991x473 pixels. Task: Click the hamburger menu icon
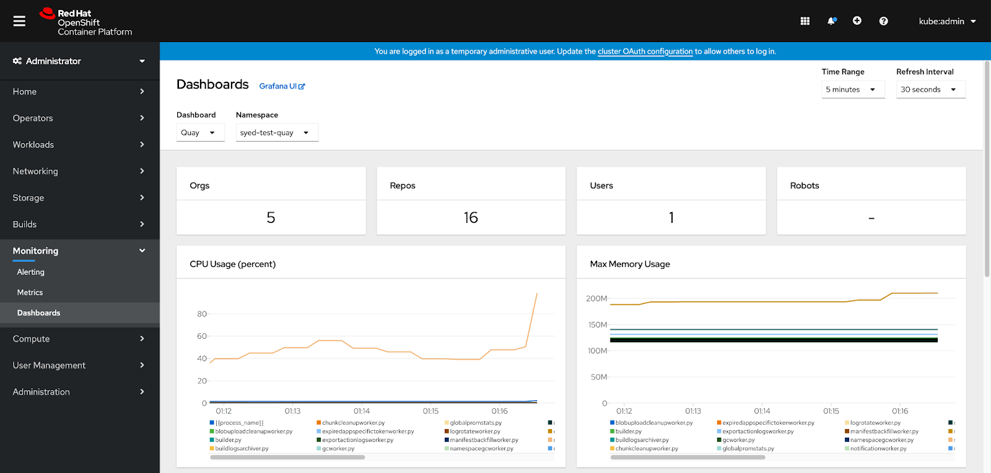pyautogui.click(x=19, y=21)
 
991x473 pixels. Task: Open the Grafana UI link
pyautogui.click(x=282, y=86)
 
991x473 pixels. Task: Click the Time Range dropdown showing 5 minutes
pyautogui.click(x=852, y=90)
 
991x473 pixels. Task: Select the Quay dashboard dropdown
pyautogui.click(x=199, y=132)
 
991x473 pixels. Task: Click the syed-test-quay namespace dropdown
pyautogui.click(x=276, y=132)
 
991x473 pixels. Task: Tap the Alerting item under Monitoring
pyautogui.click(x=31, y=272)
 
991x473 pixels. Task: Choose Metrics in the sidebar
pyautogui.click(x=30, y=292)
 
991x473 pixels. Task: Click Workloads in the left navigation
pyautogui.click(x=33, y=144)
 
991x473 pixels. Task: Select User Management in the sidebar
pyautogui.click(x=50, y=365)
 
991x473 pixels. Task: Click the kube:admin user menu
pyautogui.click(x=947, y=21)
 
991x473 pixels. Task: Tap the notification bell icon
pyautogui.click(x=831, y=21)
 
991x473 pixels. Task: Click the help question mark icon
pyautogui.click(x=883, y=21)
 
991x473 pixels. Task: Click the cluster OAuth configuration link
pyautogui.click(x=645, y=51)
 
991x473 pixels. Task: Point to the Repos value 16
pyautogui.click(x=471, y=217)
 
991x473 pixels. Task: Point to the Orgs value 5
pyautogui.click(x=271, y=217)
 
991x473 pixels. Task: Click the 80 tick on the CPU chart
pyautogui.click(x=202, y=314)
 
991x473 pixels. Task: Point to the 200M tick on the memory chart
pyautogui.click(x=596, y=298)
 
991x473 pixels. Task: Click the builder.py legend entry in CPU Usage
pyautogui.click(x=229, y=440)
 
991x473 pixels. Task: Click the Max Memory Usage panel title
pyautogui.click(x=630, y=264)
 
